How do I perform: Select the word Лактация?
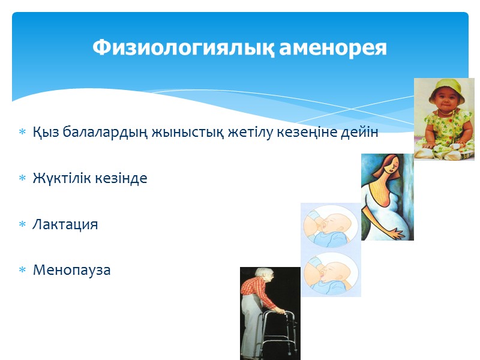65,224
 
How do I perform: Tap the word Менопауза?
72,270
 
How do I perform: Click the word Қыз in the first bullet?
44,133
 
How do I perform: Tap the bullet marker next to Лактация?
23,225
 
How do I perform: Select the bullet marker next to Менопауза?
23,271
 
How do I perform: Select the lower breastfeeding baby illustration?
330,273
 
